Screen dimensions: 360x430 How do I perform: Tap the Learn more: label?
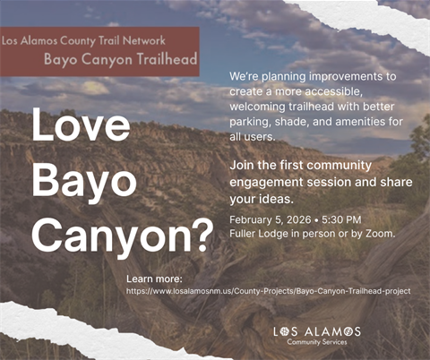[x=154, y=279]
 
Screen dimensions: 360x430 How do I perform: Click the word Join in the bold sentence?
[x=243, y=166]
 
